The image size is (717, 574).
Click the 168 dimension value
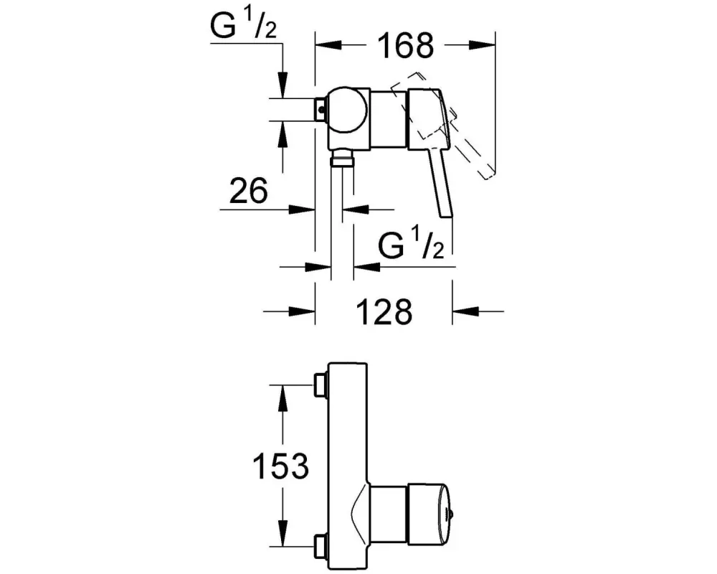(x=406, y=45)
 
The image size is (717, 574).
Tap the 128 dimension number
(x=384, y=311)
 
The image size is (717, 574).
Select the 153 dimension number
(x=281, y=466)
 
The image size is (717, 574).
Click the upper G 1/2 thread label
(x=244, y=24)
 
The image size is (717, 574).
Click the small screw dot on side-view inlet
(x=321, y=110)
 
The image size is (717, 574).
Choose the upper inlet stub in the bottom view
(x=320, y=385)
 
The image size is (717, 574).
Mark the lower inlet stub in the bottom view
(x=320, y=546)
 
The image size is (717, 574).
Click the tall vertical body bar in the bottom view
(x=348, y=466)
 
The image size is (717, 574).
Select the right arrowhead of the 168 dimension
(x=482, y=45)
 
